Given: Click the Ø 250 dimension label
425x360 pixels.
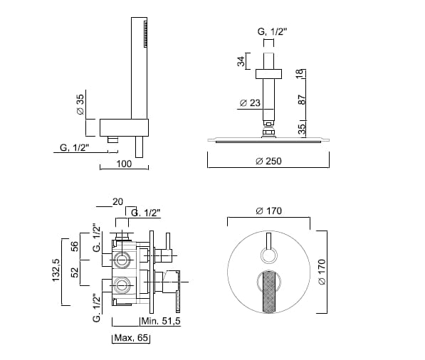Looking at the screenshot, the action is (268, 162).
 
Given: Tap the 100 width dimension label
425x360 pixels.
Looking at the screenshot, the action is (124, 164).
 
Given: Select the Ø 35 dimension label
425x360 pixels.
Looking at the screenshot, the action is (80, 105).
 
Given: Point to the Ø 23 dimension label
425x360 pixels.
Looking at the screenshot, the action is (250, 103).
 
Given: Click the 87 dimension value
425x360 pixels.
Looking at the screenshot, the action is (301, 100).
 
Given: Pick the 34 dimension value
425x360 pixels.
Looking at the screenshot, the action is (241, 61).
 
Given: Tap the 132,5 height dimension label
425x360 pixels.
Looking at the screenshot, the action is (56, 270).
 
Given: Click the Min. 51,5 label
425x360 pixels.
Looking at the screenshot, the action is (161, 321).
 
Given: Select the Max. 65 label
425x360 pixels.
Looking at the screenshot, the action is (131, 338).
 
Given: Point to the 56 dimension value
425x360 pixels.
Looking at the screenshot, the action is (74, 246).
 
